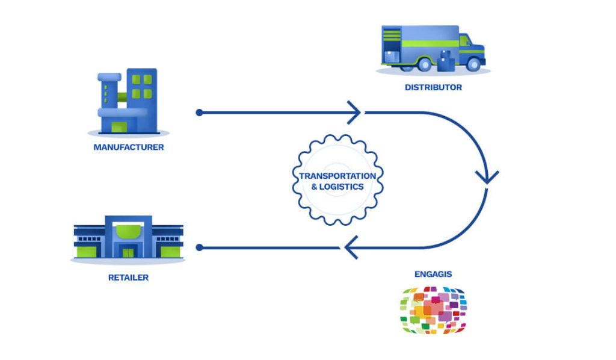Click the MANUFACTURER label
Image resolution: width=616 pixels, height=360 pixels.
129,147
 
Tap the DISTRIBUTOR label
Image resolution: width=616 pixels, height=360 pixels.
433,87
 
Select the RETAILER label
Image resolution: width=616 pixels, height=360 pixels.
128,278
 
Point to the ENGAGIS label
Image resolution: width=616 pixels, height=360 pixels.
433,274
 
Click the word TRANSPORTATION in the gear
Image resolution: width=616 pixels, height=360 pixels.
337,176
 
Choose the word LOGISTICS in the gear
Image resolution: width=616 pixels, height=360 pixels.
342,187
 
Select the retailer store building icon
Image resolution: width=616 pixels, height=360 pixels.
128,237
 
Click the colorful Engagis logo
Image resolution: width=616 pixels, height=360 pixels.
433,310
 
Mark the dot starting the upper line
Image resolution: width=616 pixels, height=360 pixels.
199,113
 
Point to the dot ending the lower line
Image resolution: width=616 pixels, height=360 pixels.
199,247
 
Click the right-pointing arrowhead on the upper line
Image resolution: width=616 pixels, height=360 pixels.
355,113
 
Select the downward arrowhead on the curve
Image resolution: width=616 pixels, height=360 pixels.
487,177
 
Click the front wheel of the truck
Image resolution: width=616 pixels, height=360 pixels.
474,64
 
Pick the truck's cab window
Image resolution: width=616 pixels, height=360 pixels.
464,41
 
